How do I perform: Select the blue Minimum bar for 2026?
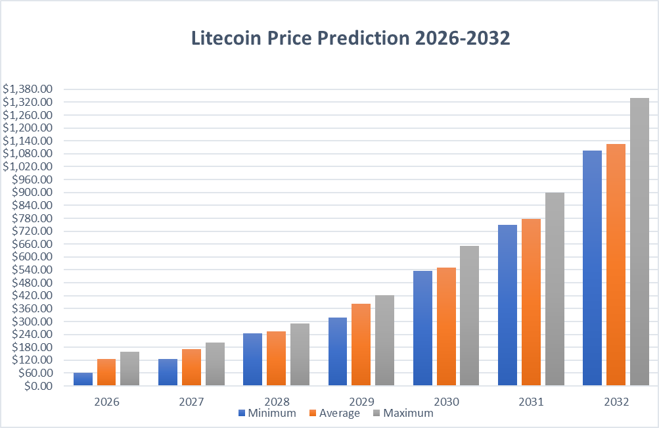(x=83, y=379)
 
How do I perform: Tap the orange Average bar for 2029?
(x=361, y=345)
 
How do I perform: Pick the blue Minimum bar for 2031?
(x=507, y=305)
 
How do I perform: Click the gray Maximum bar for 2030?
(x=469, y=316)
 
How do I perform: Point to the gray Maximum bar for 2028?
(x=300, y=354)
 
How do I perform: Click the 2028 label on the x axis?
(x=276, y=400)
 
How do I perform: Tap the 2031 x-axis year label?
(x=530, y=400)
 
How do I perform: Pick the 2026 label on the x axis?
(x=106, y=400)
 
